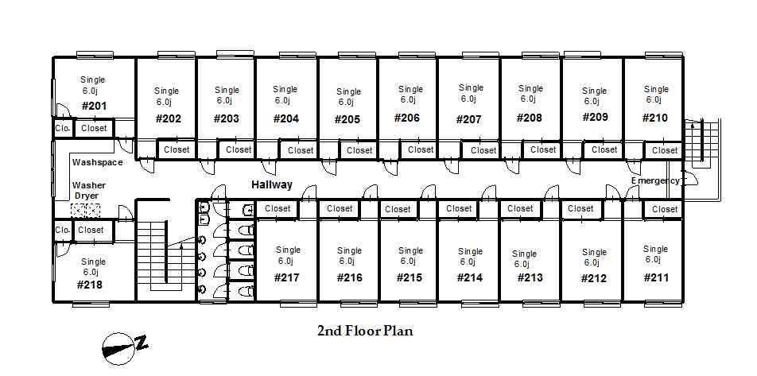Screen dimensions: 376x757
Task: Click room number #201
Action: coord(94,106)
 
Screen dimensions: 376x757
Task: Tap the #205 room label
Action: coord(347,120)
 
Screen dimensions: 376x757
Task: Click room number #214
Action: coord(470,278)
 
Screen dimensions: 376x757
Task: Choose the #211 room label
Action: coord(655,278)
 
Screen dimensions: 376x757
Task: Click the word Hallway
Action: coord(272,184)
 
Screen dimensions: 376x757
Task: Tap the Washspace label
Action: coord(97,162)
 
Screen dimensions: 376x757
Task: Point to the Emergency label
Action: coord(655,180)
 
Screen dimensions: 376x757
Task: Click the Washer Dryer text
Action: coord(90,190)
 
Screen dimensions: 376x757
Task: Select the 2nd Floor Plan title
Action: coord(365,331)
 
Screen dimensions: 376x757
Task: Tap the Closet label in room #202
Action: coord(177,149)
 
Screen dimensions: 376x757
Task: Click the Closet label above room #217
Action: coord(278,209)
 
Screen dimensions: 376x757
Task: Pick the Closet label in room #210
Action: coord(665,150)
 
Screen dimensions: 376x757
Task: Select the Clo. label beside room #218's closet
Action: coord(63,231)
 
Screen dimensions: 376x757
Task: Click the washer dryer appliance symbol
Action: coord(86,211)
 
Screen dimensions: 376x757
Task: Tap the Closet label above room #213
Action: coord(520,209)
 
